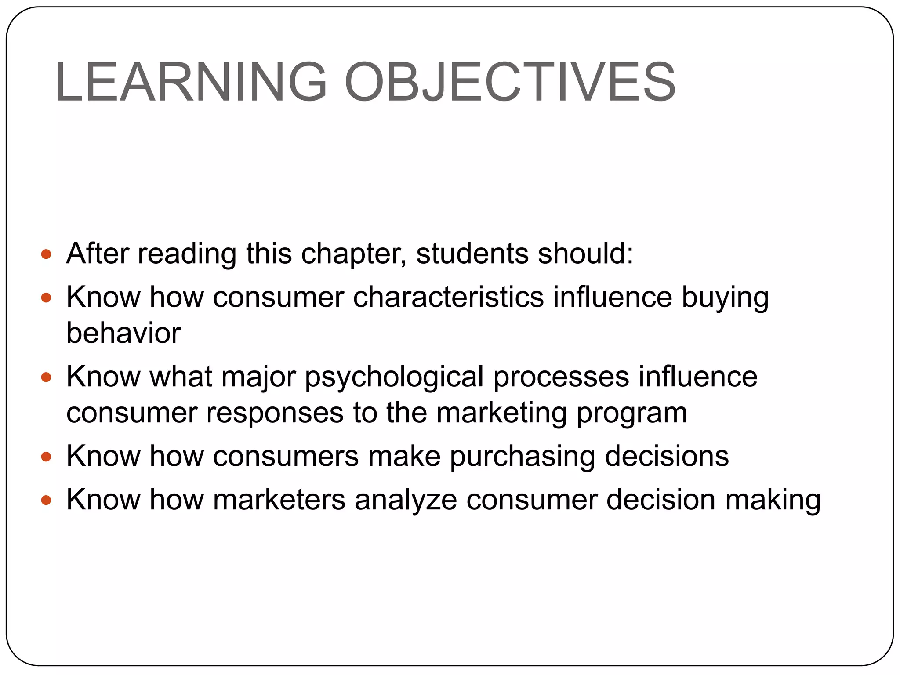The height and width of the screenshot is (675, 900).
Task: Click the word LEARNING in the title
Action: point(191,82)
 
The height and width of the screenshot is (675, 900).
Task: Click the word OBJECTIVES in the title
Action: point(510,82)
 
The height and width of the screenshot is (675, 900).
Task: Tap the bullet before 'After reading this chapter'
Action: point(46,254)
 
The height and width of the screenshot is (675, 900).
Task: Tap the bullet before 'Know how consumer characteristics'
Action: point(46,298)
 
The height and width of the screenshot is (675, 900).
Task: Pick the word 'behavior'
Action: point(123,333)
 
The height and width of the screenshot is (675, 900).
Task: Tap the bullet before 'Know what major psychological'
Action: point(46,377)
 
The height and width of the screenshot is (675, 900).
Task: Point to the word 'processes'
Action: point(561,377)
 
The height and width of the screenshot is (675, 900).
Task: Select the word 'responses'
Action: point(275,413)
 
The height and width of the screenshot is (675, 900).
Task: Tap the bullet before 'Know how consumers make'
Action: point(46,457)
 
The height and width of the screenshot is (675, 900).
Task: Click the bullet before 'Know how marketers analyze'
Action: point(46,500)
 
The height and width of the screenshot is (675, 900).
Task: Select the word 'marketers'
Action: point(279,500)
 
